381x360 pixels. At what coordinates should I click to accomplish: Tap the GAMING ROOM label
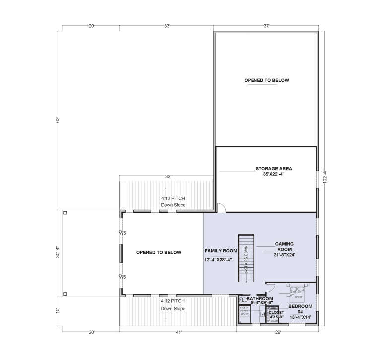pos(285,247)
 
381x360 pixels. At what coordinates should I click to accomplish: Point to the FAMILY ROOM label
pos(220,251)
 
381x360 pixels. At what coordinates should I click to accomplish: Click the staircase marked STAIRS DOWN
pos(246,259)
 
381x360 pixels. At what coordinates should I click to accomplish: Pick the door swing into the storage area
pos(222,209)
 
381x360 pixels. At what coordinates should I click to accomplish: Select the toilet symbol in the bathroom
pos(244,300)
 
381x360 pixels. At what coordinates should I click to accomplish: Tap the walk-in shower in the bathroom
pos(244,311)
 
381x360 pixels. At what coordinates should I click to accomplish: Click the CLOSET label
pos(276,313)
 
